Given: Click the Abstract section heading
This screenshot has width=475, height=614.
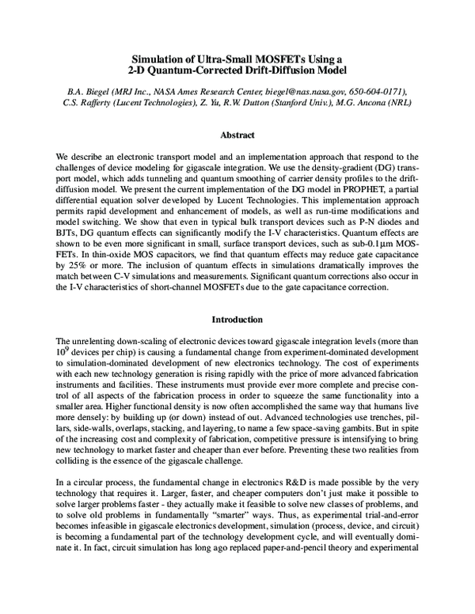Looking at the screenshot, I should [237, 135].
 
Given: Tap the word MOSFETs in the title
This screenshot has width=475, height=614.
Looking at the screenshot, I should [269, 59].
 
